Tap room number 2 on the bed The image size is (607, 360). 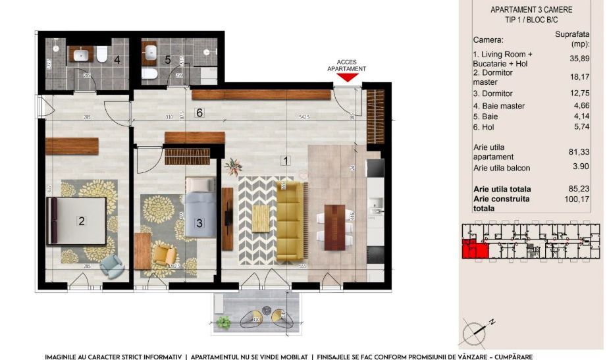point(82,221)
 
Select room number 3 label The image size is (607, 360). point(199,223)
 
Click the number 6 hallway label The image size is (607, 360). point(199,113)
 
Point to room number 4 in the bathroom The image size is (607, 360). point(117,60)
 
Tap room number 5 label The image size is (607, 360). point(168,60)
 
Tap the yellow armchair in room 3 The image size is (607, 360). point(163,254)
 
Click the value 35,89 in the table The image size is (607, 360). point(578,58)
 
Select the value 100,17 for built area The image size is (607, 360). point(578,203)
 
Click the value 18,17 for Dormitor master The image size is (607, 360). point(578,77)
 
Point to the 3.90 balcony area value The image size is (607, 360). point(578,168)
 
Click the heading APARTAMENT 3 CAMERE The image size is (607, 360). point(531,10)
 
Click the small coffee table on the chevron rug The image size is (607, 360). point(261,215)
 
